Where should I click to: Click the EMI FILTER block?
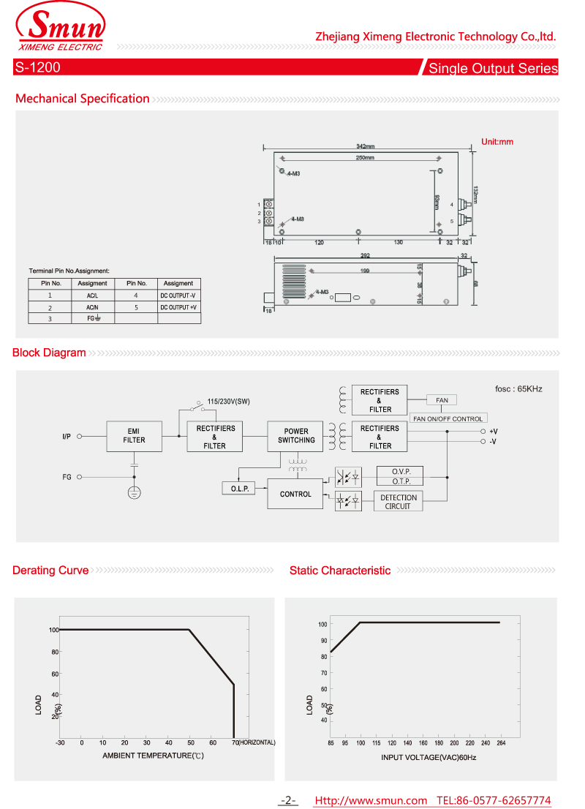134,436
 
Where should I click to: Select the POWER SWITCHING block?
296,436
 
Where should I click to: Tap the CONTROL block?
295,494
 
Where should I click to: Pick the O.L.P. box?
238,488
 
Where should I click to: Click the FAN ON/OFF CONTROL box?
448,418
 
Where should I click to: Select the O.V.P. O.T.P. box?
399,476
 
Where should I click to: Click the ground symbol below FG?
134,492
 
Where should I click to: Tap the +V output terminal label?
494,432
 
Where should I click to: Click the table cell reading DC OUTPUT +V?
178,308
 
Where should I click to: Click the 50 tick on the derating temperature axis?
190,742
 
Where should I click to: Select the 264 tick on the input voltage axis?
500,743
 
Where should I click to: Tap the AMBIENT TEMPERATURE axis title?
153,755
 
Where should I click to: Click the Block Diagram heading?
49,353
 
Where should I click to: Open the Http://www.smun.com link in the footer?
370,801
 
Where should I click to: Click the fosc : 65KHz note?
518,389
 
